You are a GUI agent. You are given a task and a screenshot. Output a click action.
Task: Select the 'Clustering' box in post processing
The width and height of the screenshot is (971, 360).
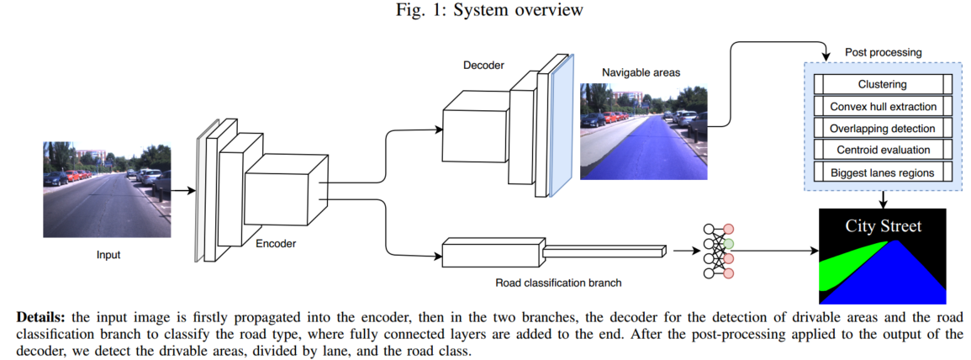click(x=882, y=85)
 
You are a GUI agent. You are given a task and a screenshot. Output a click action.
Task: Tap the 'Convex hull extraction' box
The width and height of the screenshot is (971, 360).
click(x=882, y=107)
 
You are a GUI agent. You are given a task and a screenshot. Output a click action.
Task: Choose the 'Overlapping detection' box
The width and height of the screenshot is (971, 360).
click(x=882, y=129)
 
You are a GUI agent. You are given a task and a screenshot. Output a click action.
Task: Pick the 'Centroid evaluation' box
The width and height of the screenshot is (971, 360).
click(x=882, y=151)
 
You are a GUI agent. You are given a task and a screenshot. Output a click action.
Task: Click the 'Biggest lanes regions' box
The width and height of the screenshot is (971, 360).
click(x=882, y=172)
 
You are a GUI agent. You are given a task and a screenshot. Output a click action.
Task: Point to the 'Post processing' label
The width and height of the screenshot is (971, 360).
click(x=883, y=52)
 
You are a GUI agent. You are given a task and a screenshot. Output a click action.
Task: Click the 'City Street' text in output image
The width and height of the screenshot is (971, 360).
click(x=883, y=225)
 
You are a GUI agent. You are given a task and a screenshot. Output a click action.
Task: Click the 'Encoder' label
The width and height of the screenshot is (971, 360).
click(x=276, y=244)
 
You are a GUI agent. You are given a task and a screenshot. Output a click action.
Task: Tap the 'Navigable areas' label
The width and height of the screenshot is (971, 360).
click(x=641, y=72)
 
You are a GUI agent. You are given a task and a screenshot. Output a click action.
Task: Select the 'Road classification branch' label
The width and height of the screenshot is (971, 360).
click(x=559, y=283)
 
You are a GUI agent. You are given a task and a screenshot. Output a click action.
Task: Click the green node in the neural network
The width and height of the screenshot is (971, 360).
click(x=729, y=244)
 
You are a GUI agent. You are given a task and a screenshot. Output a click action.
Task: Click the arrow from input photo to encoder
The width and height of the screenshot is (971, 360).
click(x=182, y=191)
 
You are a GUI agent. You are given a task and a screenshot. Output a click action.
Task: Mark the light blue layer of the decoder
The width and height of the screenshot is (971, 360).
click(x=560, y=126)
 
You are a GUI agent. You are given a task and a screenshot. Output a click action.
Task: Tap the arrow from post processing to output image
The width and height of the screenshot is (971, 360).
click(x=883, y=199)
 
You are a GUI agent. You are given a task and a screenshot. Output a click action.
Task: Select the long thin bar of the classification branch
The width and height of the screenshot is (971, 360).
click(x=604, y=251)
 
